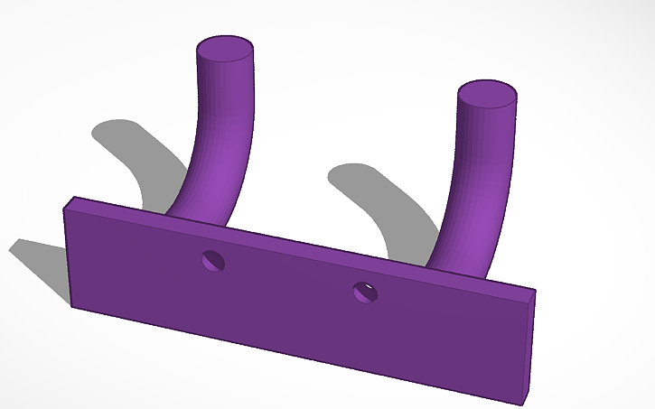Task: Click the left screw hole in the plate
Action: tap(214, 261)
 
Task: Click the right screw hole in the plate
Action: tap(366, 291)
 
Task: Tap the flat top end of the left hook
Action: tap(225, 48)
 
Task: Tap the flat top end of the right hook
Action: tap(487, 93)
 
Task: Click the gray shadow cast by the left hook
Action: tap(136, 153)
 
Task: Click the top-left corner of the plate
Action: tap(64, 209)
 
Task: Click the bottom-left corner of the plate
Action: tap(72, 305)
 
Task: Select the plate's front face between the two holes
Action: tap(289, 298)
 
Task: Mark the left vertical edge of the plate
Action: tap(68, 257)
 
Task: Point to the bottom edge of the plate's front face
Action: tap(298, 354)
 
